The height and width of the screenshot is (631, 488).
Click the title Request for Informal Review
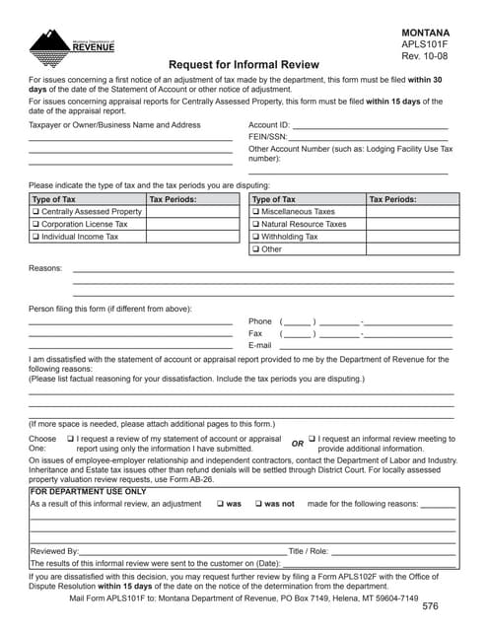pos(244,60)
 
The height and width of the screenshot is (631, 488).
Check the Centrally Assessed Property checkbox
pos(36,212)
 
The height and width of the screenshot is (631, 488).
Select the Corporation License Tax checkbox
pos(36,225)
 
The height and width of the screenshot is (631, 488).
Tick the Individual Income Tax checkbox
pos(36,237)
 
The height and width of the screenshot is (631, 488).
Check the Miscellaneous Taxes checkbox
pos(256,212)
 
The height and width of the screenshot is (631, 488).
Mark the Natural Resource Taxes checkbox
pos(256,225)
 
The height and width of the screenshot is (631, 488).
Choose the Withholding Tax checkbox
pos(256,237)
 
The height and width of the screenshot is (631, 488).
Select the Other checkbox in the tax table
pos(256,249)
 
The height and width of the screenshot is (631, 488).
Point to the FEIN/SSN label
pos(267,137)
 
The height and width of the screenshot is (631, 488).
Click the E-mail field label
pos(259,346)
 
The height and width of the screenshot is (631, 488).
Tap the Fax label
pos(255,334)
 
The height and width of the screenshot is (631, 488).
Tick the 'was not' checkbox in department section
pos(257,504)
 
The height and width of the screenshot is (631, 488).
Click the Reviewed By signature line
pos(182,553)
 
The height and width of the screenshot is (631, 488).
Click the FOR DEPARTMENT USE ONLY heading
pos(88,491)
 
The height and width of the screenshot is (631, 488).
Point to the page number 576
pos(430,606)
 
